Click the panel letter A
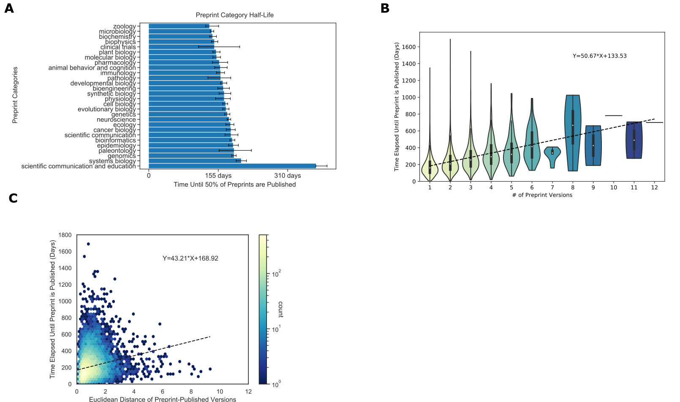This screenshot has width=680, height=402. [x=9, y=8]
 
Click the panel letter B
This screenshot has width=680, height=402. [x=385, y=8]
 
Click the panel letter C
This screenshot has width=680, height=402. [x=13, y=198]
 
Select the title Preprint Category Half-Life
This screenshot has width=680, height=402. [x=234, y=15]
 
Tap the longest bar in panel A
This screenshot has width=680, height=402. [x=232, y=166]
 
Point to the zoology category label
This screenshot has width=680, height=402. [x=125, y=27]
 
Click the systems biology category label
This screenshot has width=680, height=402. [x=112, y=161]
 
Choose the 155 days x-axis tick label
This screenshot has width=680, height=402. [x=218, y=176]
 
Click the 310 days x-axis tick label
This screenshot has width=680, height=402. [x=288, y=176]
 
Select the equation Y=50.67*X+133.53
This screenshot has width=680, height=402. [x=599, y=56]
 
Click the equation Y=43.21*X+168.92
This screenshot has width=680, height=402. [x=190, y=258]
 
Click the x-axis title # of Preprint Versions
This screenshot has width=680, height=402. [x=542, y=195]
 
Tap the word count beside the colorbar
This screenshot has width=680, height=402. [x=280, y=310]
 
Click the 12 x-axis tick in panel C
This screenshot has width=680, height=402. [x=248, y=391]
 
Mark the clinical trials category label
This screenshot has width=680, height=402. [x=118, y=47]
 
